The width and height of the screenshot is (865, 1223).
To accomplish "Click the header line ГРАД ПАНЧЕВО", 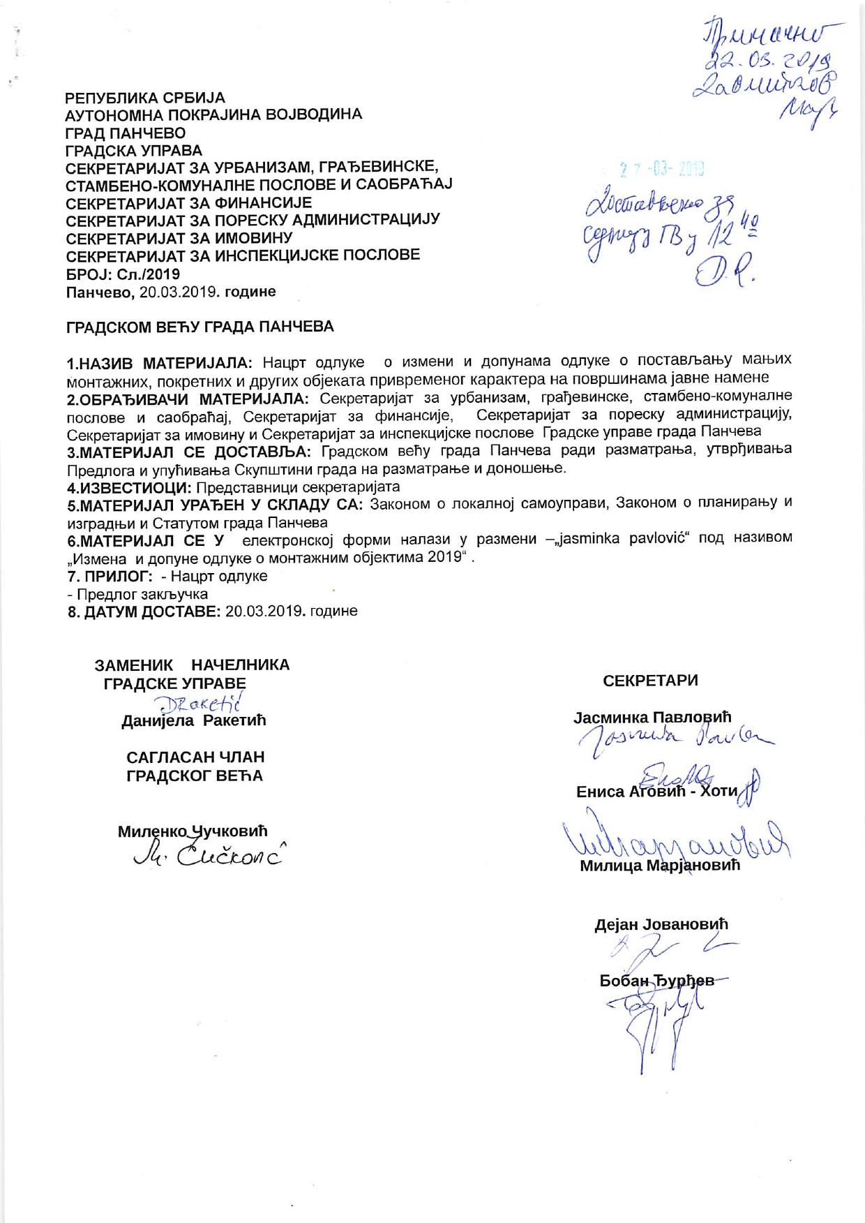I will coord(126,133).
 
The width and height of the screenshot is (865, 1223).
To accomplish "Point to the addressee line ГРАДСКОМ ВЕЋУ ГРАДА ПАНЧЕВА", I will coord(200,327).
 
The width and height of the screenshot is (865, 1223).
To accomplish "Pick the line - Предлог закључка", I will coord(137,594).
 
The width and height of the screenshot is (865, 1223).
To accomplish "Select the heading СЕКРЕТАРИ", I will coord(650,681).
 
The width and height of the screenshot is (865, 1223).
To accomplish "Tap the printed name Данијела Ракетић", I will coord(194,720).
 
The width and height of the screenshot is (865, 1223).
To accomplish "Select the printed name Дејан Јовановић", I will coord(661,924).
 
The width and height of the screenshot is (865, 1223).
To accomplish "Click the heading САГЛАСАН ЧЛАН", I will coord(195,757).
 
